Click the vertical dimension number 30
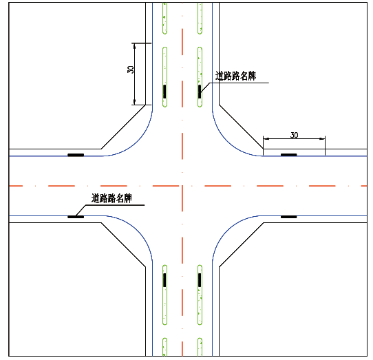[131, 70]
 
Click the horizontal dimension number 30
[295, 135]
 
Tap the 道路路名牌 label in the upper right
[235, 76]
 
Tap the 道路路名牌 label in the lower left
[111, 198]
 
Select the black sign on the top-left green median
[164, 92]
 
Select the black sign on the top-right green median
[200, 92]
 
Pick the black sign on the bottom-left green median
[164, 280]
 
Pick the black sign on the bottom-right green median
[200, 280]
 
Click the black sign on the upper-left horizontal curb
[76, 155]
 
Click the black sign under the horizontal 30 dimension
[289, 155]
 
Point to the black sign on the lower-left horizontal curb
[76, 217]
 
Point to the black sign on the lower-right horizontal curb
[289, 217]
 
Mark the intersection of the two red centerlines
[182, 186]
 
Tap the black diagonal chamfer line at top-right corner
[241, 127]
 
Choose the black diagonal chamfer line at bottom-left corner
[123, 245]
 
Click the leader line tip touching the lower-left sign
[76, 216]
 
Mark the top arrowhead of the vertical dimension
[134, 46]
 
